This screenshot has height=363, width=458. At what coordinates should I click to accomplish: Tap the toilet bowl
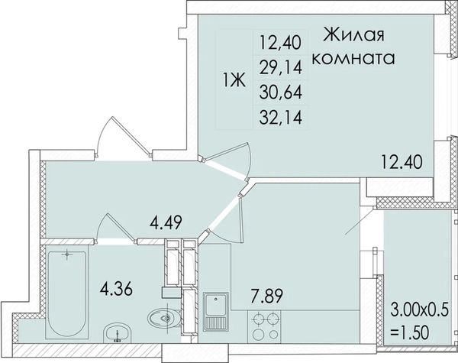(163, 318)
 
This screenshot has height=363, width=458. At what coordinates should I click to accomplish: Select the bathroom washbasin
(117, 332)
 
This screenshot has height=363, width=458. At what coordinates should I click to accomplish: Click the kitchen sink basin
(215, 305)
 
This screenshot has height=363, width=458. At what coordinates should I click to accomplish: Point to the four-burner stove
(264, 326)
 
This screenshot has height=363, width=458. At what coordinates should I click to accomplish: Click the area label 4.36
(116, 289)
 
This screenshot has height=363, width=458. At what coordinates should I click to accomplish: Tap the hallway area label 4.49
(166, 222)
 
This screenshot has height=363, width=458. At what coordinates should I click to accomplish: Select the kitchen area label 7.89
(267, 296)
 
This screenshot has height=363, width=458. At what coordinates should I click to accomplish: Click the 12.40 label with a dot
(402, 162)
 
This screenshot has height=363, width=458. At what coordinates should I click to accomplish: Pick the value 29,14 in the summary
(280, 68)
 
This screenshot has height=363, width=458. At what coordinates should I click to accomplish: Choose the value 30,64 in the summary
(280, 92)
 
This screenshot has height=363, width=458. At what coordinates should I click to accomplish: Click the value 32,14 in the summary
(280, 118)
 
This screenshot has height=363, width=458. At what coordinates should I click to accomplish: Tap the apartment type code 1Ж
(234, 79)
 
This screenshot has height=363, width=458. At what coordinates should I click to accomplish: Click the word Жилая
(353, 35)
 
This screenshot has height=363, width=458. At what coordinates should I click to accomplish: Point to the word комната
(353, 58)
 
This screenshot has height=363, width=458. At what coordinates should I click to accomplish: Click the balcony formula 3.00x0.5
(419, 310)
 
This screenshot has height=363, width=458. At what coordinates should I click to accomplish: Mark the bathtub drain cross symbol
(67, 254)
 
